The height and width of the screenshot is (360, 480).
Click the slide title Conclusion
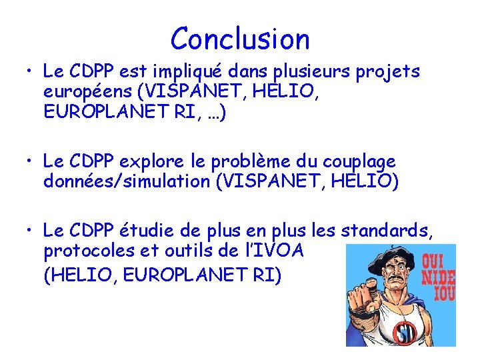click(240, 39)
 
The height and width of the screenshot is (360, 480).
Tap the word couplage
click(363, 162)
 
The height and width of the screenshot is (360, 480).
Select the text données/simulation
click(125, 181)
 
